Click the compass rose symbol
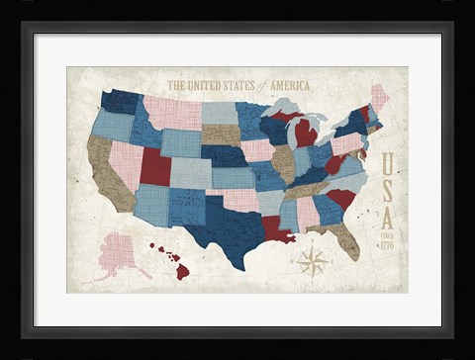click(314, 262)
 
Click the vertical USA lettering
click(388, 188)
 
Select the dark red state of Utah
click(154, 167)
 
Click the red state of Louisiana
click(277, 231)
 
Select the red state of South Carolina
click(340, 199)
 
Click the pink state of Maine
click(378, 98)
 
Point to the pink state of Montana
click(172, 113)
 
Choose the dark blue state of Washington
click(121, 101)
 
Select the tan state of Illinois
click(283, 163)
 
